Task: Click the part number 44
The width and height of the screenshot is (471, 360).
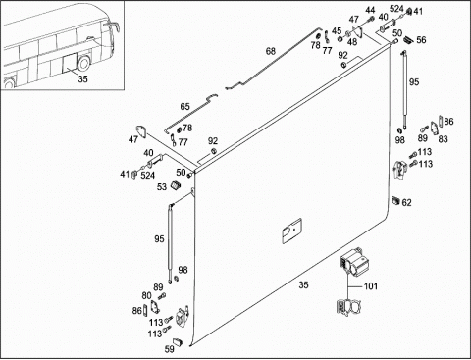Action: [370, 10]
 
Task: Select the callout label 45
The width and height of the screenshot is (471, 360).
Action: [337, 31]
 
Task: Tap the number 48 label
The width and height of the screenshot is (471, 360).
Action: [352, 42]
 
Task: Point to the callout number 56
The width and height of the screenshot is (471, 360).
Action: [421, 40]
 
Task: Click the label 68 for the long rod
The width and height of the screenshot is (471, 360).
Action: [271, 51]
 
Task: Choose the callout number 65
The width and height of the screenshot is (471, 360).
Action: [184, 107]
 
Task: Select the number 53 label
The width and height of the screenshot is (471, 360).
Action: [162, 187]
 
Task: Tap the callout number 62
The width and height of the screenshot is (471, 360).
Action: [406, 203]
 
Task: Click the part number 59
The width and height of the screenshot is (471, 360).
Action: [169, 349]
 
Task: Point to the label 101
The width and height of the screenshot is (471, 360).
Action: [371, 286]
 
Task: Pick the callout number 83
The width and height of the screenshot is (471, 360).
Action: [443, 139]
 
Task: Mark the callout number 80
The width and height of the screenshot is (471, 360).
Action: [146, 296]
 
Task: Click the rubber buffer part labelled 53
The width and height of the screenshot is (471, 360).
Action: [176, 185]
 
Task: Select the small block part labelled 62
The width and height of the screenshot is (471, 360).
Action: [395, 200]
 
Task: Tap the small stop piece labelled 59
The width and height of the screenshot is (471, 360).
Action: [177, 342]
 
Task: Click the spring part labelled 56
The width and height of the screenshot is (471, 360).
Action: [408, 39]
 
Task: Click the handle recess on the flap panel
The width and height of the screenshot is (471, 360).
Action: [291, 231]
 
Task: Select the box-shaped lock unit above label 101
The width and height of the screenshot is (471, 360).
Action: [354, 262]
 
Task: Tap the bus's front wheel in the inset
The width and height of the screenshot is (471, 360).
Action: [83, 63]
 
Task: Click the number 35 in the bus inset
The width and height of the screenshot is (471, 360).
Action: [82, 79]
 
